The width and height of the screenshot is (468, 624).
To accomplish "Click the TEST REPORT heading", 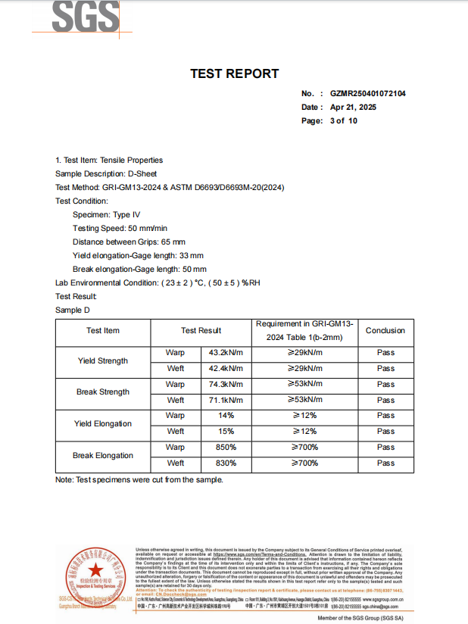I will click(234, 73).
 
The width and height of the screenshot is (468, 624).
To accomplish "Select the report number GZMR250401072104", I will click(367, 94).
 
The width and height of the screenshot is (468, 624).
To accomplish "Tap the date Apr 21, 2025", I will click(353, 108).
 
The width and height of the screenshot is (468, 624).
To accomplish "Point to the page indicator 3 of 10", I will click(344, 121).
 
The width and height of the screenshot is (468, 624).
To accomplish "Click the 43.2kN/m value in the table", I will click(226, 352).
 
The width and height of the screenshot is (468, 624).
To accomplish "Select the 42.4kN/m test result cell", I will click(226, 368).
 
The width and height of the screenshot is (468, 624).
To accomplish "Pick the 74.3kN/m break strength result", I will click(226, 384).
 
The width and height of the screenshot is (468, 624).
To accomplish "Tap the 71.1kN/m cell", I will click(226, 400).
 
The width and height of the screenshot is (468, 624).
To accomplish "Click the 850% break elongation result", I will click(226, 448).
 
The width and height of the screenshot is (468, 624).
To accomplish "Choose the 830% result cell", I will click(226, 463).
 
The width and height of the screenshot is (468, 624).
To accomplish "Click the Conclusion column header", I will click(385, 330).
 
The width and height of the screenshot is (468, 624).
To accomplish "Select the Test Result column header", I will click(201, 330).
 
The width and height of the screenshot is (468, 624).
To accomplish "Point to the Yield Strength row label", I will click(103, 360).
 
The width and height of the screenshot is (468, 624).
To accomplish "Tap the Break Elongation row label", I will click(103, 455).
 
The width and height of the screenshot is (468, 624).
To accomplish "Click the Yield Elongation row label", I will click(103, 423).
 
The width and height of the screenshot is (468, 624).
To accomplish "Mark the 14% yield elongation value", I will click(226, 416).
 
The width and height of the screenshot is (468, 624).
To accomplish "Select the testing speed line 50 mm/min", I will click(120, 228).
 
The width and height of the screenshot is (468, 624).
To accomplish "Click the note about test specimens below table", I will click(139, 480).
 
